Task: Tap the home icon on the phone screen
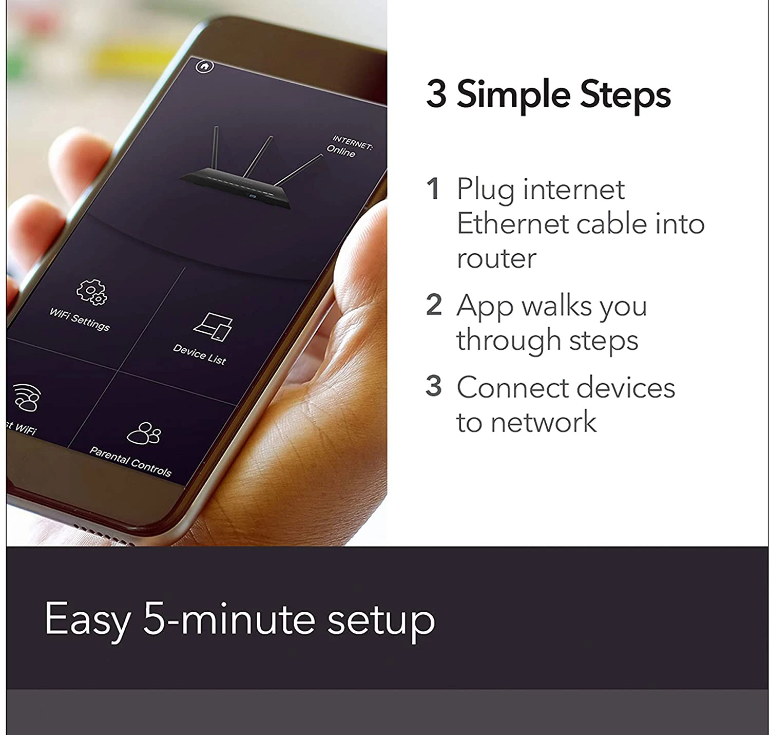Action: coord(205,66)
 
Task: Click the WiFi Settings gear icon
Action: coord(91,292)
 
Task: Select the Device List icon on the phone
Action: coord(213,327)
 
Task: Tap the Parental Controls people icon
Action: coord(144,434)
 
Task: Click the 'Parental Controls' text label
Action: coord(130,461)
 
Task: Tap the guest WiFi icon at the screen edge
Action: coord(27,397)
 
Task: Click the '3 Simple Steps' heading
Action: coord(548,95)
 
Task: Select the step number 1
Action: coord(433,189)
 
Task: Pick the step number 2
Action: coord(434,305)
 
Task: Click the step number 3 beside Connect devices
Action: coord(434,386)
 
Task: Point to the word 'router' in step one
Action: coord(496,258)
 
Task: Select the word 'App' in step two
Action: coord(485,307)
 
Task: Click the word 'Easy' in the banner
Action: coord(87,620)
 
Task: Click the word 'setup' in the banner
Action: coord(381,620)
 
